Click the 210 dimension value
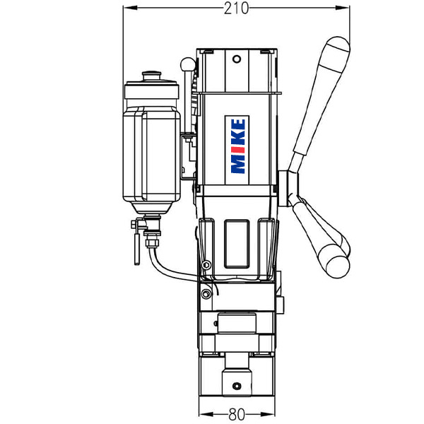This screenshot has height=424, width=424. (236, 8)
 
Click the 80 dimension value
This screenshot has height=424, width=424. (237, 414)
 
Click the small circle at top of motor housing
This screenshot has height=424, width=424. (237, 59)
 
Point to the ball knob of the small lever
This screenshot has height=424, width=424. (187, 64)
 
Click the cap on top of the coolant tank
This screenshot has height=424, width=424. (152, 76)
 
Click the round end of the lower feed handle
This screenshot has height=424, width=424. (338, 266)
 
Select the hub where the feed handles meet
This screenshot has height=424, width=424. (288, 189)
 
